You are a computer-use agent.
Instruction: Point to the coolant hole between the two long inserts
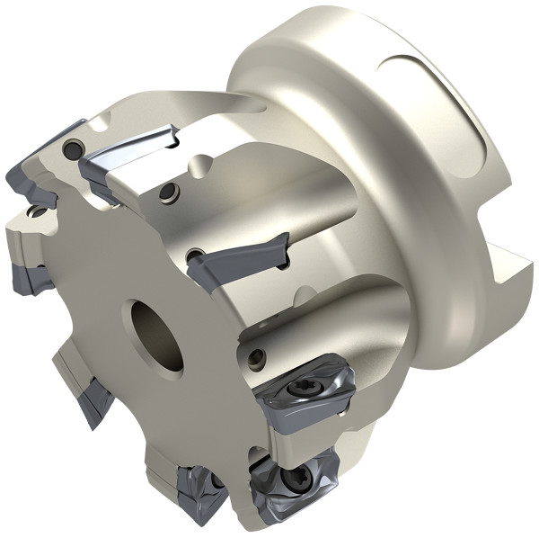tap(166, 192)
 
